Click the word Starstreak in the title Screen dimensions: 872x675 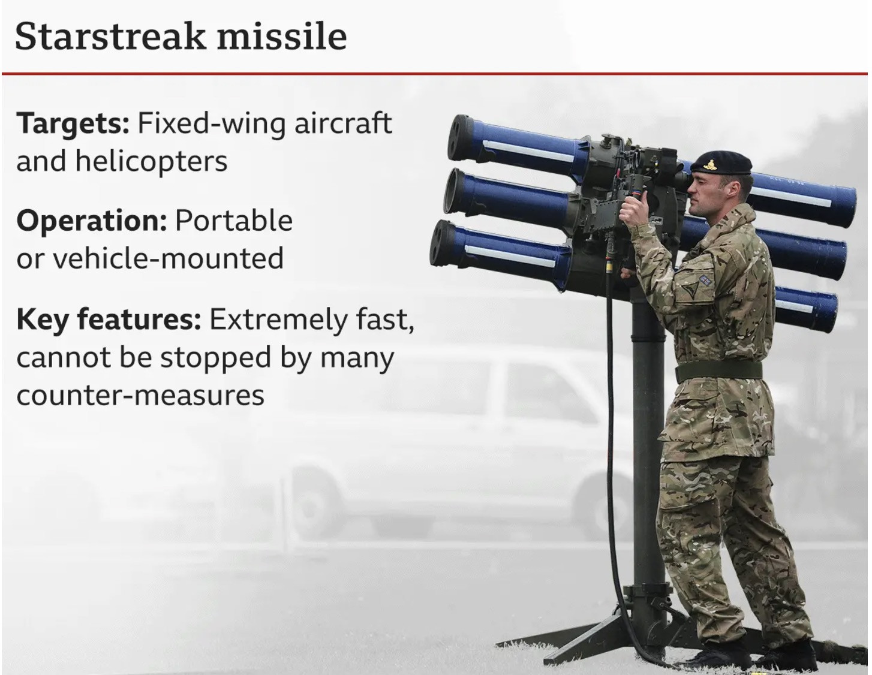[x=110, y=37]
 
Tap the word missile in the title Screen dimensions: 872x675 [x=282, y=37]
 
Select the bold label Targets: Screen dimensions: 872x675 [x=73, y=124]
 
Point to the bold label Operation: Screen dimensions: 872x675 [x=92, y=221]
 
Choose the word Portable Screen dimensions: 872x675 [x=234, y=221]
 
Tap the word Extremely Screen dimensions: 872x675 [x=277, y=320]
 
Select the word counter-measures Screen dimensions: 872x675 [x=140, y=396]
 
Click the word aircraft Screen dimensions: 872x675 [x=343, y=123]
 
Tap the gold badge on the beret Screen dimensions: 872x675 [x=709, y=164]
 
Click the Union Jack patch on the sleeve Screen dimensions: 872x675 [x=705, y=279]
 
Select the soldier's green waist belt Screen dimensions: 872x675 [x=718, y=372]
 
